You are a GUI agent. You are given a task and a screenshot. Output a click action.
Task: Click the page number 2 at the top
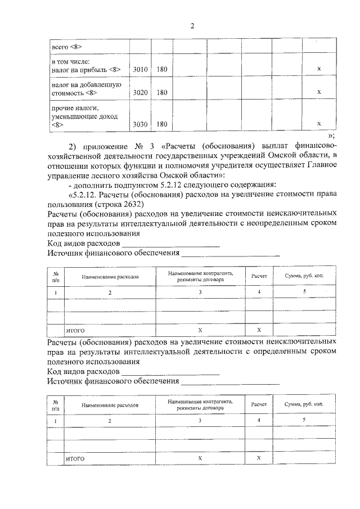click(191, 26)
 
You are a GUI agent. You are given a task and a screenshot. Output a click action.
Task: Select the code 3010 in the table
click(139, 69)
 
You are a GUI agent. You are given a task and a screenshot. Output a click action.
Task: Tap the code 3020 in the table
click(139, 92)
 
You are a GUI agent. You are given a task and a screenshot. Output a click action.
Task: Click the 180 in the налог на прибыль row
click(162, 69)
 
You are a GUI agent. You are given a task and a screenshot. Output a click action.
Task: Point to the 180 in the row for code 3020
click(162, 92)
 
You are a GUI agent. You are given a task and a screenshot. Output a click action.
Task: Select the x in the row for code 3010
click(319, 69)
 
